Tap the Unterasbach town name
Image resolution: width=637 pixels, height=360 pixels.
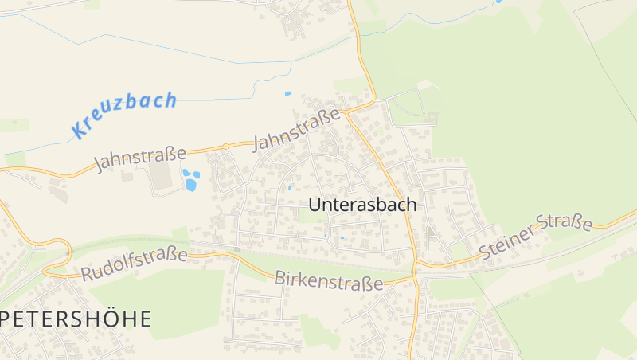[362, 205]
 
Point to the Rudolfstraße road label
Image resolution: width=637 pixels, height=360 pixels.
[134, 264]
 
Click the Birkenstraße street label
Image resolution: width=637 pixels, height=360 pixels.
[328, 280]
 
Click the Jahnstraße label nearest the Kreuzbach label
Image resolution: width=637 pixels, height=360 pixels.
[139, 158]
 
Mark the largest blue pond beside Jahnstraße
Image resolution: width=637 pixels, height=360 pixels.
[190, 185]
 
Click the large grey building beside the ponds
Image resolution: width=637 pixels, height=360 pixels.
[162, 177]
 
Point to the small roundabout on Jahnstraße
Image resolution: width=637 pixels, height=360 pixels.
[226, 145]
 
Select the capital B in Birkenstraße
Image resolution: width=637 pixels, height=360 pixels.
[279, 278]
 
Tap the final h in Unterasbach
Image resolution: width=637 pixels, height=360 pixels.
[411, 204]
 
